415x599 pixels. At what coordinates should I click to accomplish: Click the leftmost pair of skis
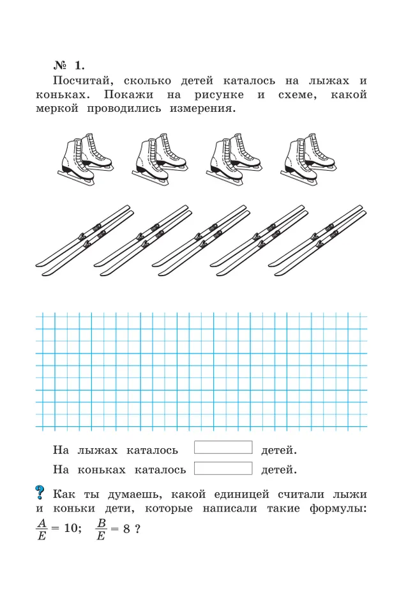click(84, 240)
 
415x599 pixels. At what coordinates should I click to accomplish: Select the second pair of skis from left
click(142, 240)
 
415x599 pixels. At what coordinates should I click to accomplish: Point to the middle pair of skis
click(200, 240)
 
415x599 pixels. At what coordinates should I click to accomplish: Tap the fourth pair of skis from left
click(258, 240)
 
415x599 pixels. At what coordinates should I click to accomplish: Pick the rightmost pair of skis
click(317, 240)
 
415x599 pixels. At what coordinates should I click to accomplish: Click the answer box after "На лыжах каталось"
click(223, 447)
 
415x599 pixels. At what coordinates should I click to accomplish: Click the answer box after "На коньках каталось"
click(223, 469)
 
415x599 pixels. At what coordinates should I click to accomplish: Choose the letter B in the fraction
click(101, 521)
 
